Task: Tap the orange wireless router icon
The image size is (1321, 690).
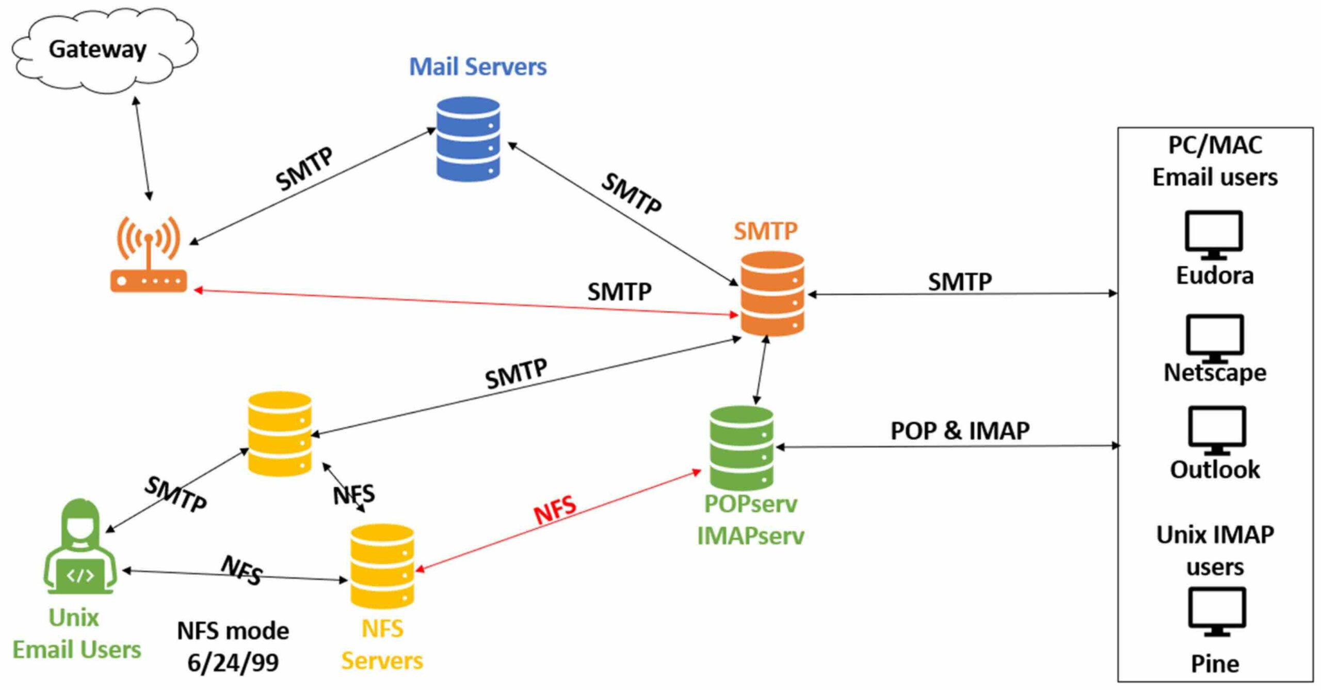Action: coord(149,255)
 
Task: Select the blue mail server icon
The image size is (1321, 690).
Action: coord(468,139)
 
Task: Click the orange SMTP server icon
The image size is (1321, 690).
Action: coord(772,294)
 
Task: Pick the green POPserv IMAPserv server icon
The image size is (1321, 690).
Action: coord(742,448)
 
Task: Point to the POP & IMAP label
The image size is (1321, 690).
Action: coord(960,431)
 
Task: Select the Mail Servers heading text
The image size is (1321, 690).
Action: coord(478,67)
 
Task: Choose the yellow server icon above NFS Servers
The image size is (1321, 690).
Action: coord(382,566)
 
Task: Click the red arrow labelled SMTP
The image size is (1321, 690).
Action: coord(464,302)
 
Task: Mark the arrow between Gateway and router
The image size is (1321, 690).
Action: coord(142,149)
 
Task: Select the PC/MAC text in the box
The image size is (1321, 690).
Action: coord(1215,146)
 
